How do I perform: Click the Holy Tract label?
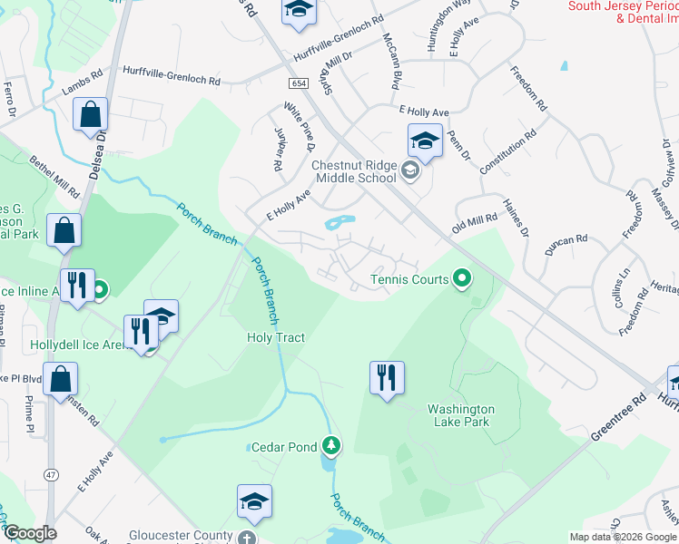(276, 337)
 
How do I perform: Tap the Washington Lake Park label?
(461, 415)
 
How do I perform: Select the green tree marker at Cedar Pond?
(333, 445)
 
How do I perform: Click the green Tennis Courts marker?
(463, 278)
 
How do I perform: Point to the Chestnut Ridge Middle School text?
(353, 171)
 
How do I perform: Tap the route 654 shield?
(299, 83)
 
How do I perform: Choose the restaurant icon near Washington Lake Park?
(387, 377)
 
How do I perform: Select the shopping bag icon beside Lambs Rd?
(91, 114)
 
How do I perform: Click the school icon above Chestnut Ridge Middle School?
(424, 141)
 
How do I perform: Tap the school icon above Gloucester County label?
(254, 500)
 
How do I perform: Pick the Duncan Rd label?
(568, 242)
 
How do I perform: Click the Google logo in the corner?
(30, 534)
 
